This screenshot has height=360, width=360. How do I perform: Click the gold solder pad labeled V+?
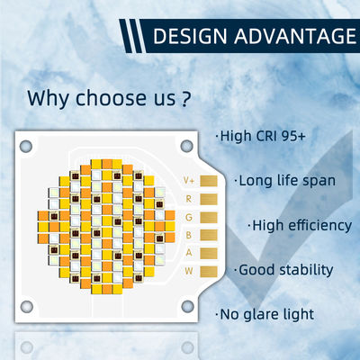210,180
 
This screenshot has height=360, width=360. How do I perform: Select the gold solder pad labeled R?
210,198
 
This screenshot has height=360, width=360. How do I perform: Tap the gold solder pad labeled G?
210,216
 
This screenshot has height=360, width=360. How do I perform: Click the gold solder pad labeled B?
210,234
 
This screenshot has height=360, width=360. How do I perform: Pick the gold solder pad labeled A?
210,252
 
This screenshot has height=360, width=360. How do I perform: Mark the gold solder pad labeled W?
210,270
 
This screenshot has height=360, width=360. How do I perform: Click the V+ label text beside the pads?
189,180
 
